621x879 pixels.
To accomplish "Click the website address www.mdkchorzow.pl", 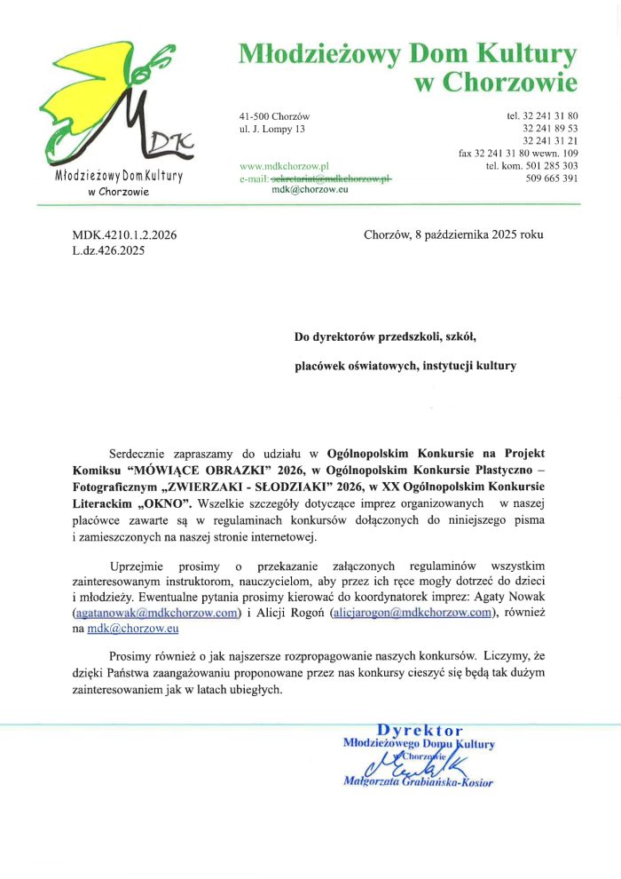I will coord(285,166).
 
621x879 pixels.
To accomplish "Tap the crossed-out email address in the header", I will coord(331,178).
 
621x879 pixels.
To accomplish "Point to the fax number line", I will coord(518,154).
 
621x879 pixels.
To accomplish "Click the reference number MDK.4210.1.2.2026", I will coord(124,235).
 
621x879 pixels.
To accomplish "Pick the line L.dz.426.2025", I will coord(108,250).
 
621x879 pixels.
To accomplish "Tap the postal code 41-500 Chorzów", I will coord(274,116).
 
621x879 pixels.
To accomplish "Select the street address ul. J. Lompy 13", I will coord(272,130).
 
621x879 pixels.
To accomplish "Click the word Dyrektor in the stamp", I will coord(420,731).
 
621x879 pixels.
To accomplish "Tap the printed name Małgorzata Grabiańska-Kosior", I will coord(418,782).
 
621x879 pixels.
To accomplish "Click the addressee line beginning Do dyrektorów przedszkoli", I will coord(386,337).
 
